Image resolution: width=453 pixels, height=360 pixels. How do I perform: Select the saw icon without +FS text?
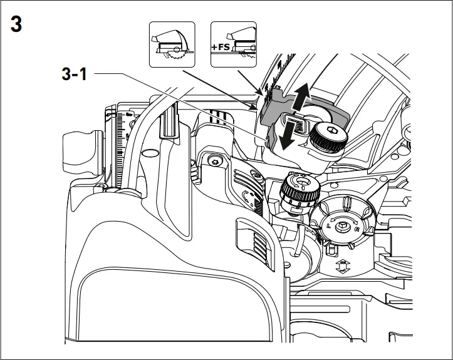click(171, 44)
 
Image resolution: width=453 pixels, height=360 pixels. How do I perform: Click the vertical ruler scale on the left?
click(123, 144)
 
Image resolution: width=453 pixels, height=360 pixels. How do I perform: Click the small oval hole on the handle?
click(150, 153)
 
